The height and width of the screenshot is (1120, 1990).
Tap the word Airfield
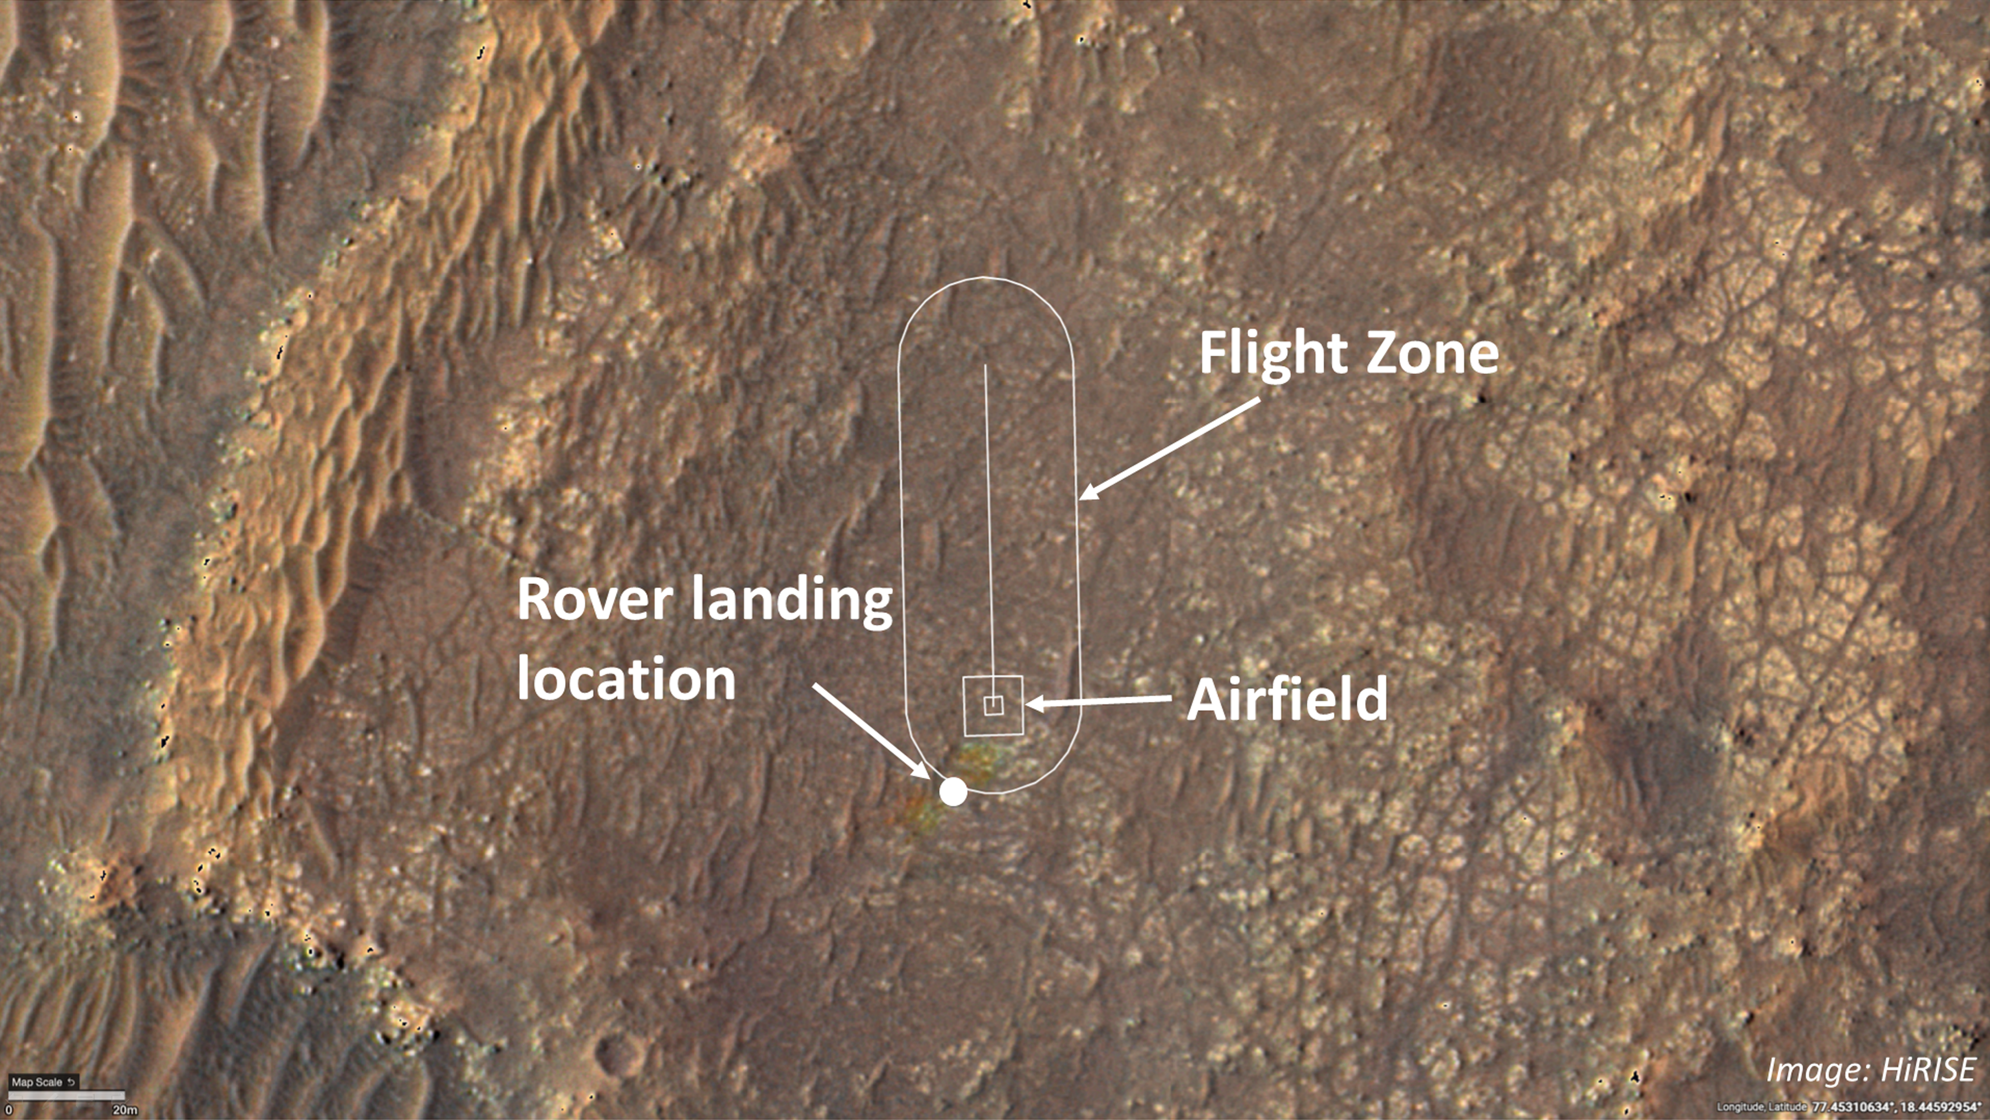tap(1287, 699)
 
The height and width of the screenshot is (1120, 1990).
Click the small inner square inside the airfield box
tap(993, 705)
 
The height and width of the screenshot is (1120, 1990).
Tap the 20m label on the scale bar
tap(125, 1111)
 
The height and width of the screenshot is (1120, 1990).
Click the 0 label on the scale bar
tap(8, 1111)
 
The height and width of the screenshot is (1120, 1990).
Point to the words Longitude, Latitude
tap(1761, 1108)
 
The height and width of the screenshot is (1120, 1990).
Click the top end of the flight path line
tap(985, 366)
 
